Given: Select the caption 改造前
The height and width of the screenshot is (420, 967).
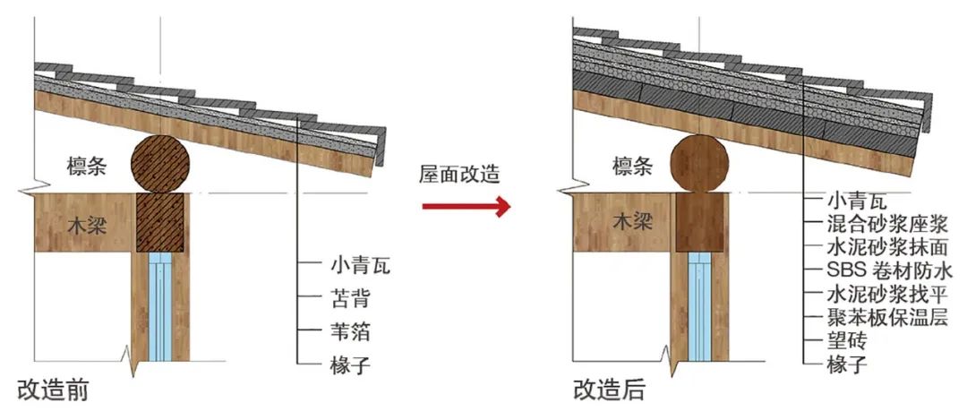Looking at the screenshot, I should tap(53, 390).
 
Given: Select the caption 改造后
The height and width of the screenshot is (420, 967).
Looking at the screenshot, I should tap(609, 390).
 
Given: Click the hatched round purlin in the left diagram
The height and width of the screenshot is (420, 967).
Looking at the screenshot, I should tap(161, 165).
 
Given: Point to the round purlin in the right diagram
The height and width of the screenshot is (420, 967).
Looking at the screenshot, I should tap(701, 164).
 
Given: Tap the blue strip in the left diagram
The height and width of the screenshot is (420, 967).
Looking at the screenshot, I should tap(162, 304).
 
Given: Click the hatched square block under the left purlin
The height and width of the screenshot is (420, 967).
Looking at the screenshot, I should tap(161, 221).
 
